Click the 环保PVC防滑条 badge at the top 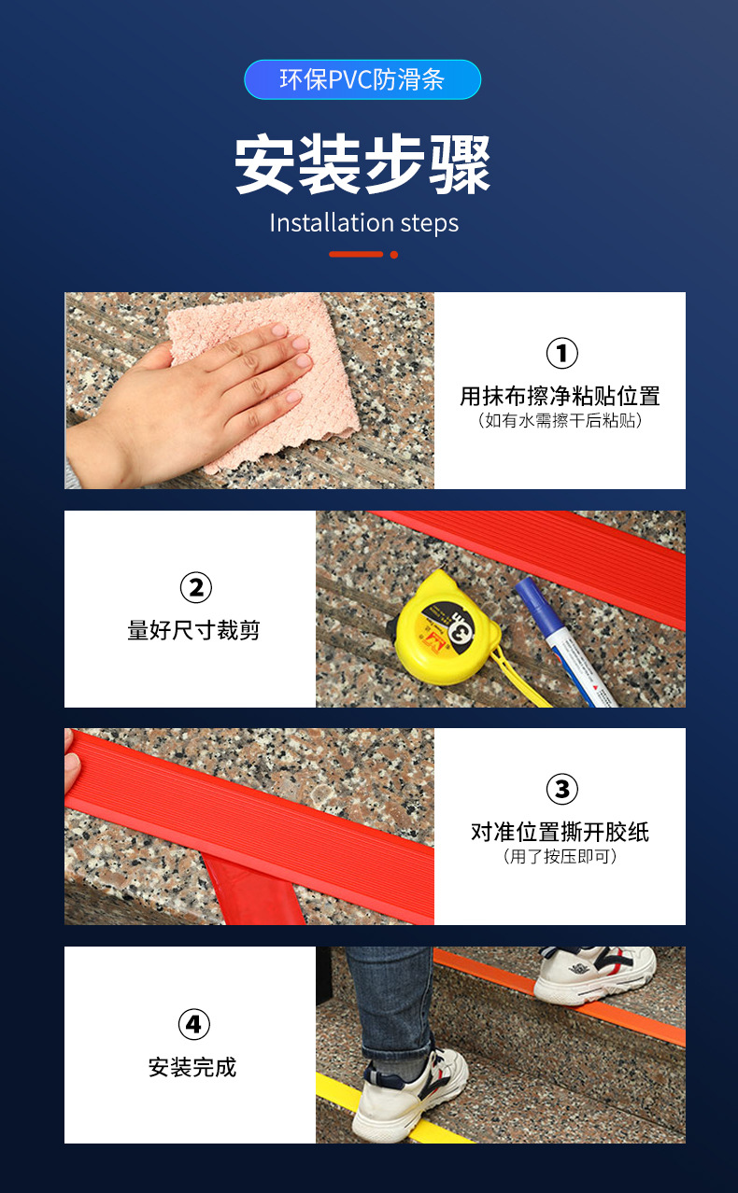coord(362,80)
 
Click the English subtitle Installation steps coord(363,223)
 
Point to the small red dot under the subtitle coord(394,254)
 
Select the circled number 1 coord(561,354)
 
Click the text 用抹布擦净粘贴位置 coord(560,396)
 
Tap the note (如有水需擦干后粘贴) coord(560,421)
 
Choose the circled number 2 coord(195,588)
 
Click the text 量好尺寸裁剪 coord(193,631)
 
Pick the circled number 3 coord(561,790)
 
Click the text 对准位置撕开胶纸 coord(560,832)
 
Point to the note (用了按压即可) coord(560,857)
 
